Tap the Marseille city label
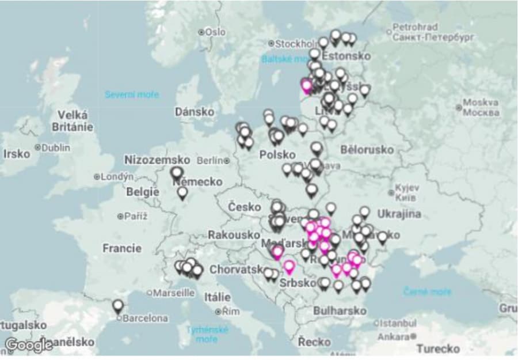(173, 293)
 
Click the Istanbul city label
(397, 323)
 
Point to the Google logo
(28, 345)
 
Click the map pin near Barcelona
(118, 306)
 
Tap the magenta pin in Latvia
(307, 86)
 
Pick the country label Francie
(121, 248)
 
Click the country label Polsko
(277, 155)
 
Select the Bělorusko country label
(367, 150)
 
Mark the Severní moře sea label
(132, 94)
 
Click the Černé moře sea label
(427, 291)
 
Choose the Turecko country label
(438, 348)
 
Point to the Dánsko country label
(195, 112)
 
